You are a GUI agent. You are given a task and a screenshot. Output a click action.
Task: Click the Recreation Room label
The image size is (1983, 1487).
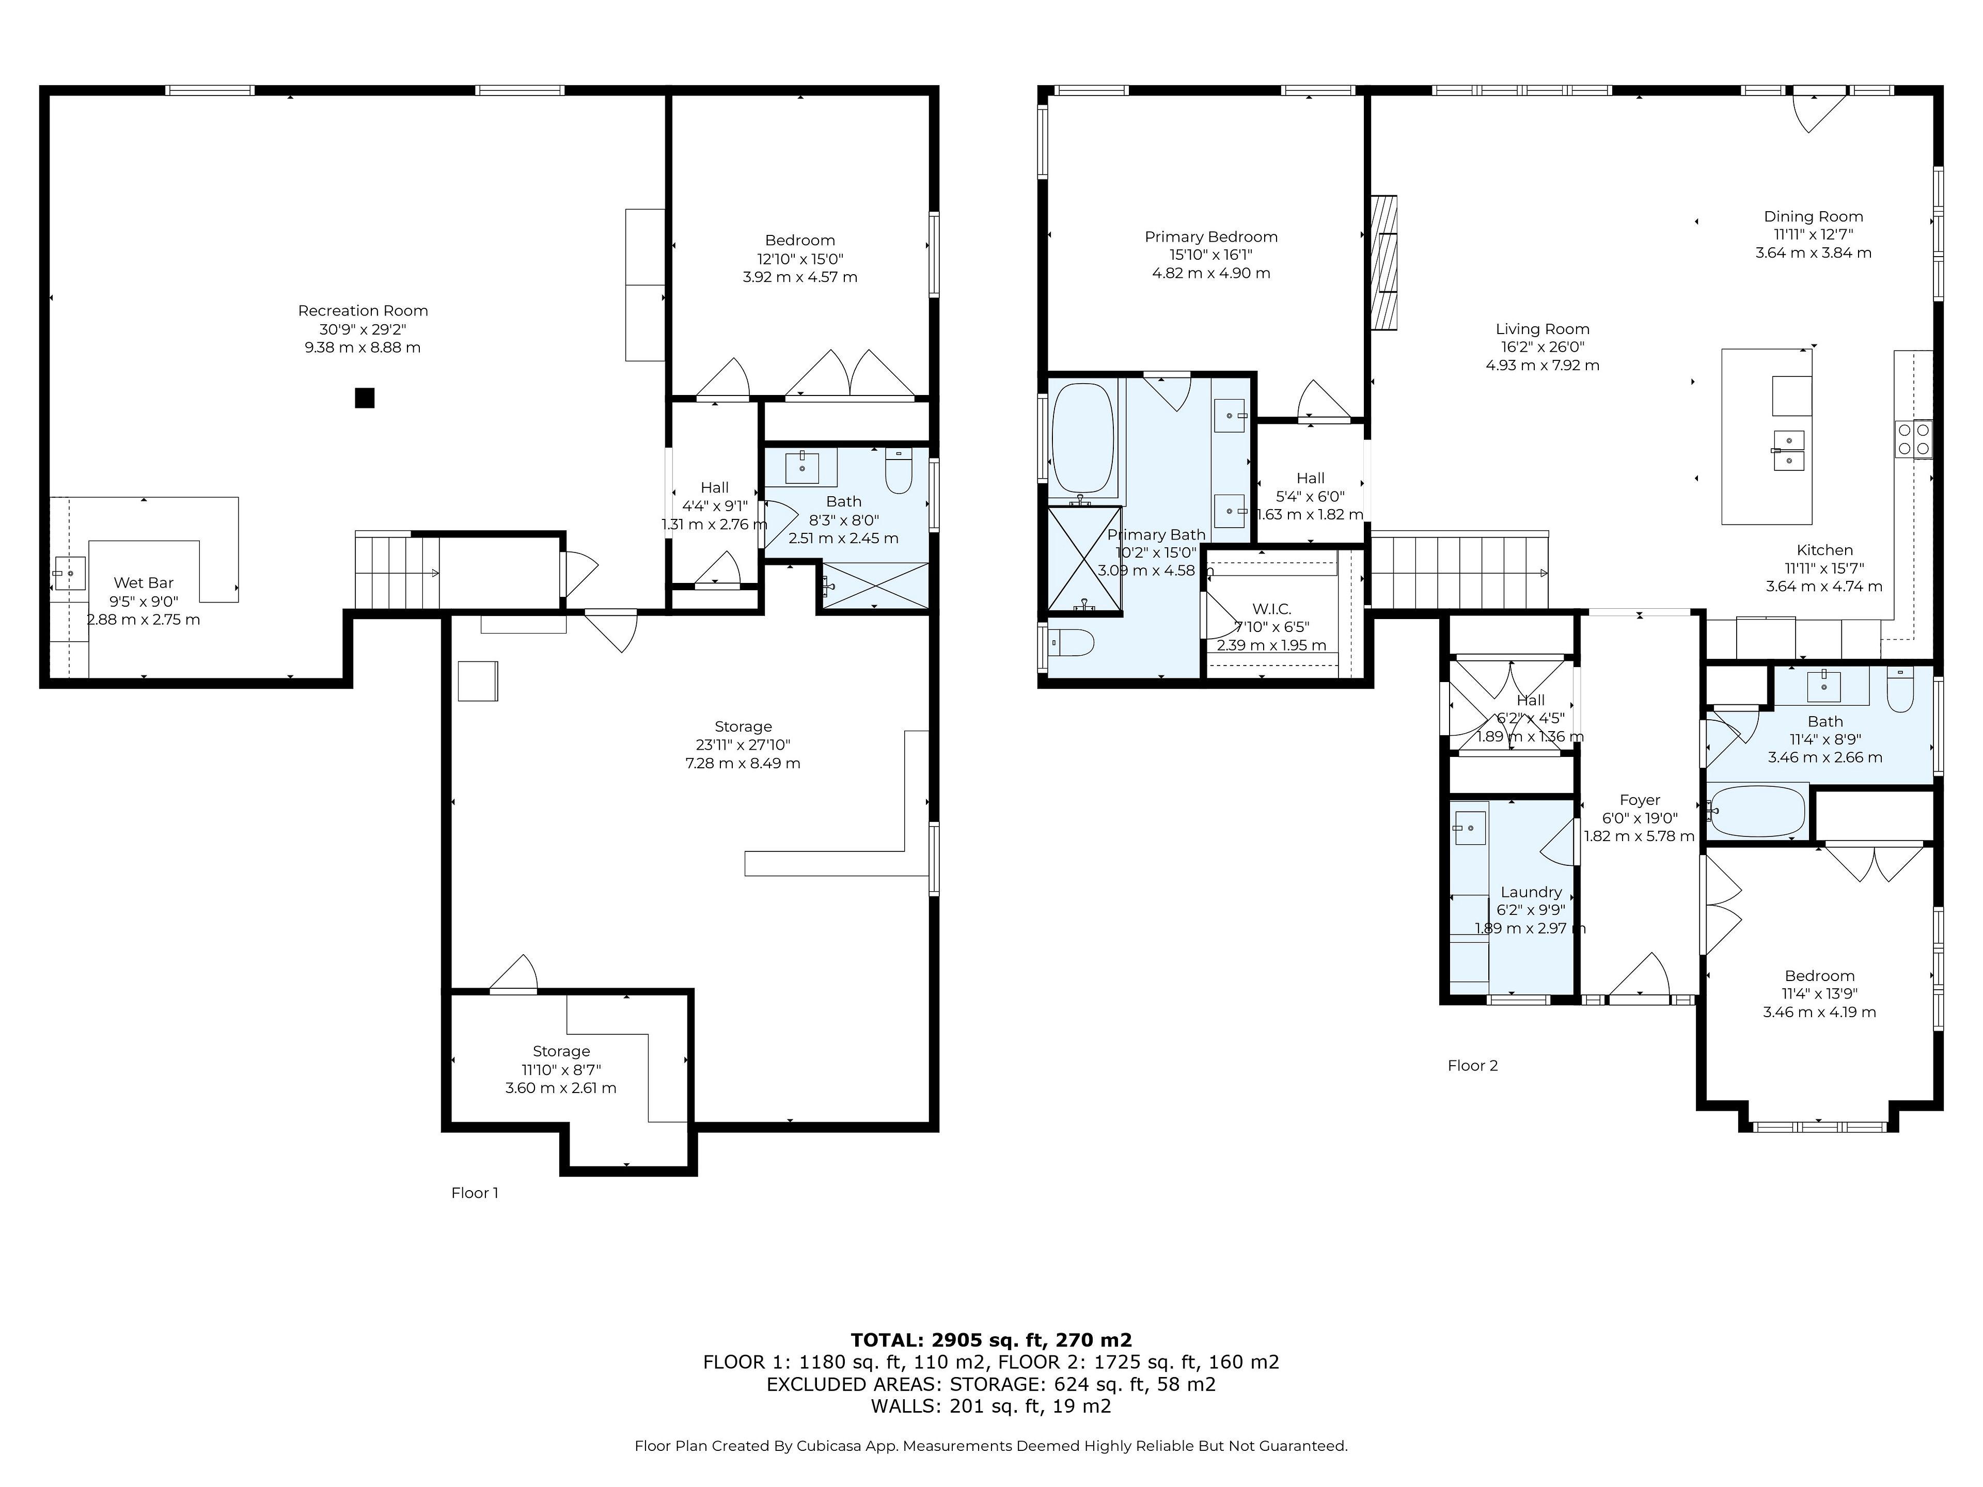pyautogui.click(x=363, y=311)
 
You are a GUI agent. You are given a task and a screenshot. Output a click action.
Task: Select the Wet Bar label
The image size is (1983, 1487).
pyautogui.click(x=144, y=582)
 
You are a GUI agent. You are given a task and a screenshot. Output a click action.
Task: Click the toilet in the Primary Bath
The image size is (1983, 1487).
pyautogui.click(x=1072, y=642)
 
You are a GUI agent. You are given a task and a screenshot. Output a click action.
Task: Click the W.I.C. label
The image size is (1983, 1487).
pyautogui.click(x=1271, y=609)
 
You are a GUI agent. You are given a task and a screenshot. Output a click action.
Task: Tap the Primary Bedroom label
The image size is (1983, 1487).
pyautogui.click(x=1211, y=236)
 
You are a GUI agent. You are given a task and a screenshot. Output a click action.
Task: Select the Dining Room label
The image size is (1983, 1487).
pyautogui.click(x=1814, y=216)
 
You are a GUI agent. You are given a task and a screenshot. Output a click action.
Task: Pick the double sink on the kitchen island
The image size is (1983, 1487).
pyautogui.click(x=1788, y=451)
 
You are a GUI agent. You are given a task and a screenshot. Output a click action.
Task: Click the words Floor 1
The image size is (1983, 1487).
pyautogui.click(x=474, y=1193)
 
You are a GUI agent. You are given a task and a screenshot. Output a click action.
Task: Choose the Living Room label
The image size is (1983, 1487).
pyautogui.click(x=1542, y=329)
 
